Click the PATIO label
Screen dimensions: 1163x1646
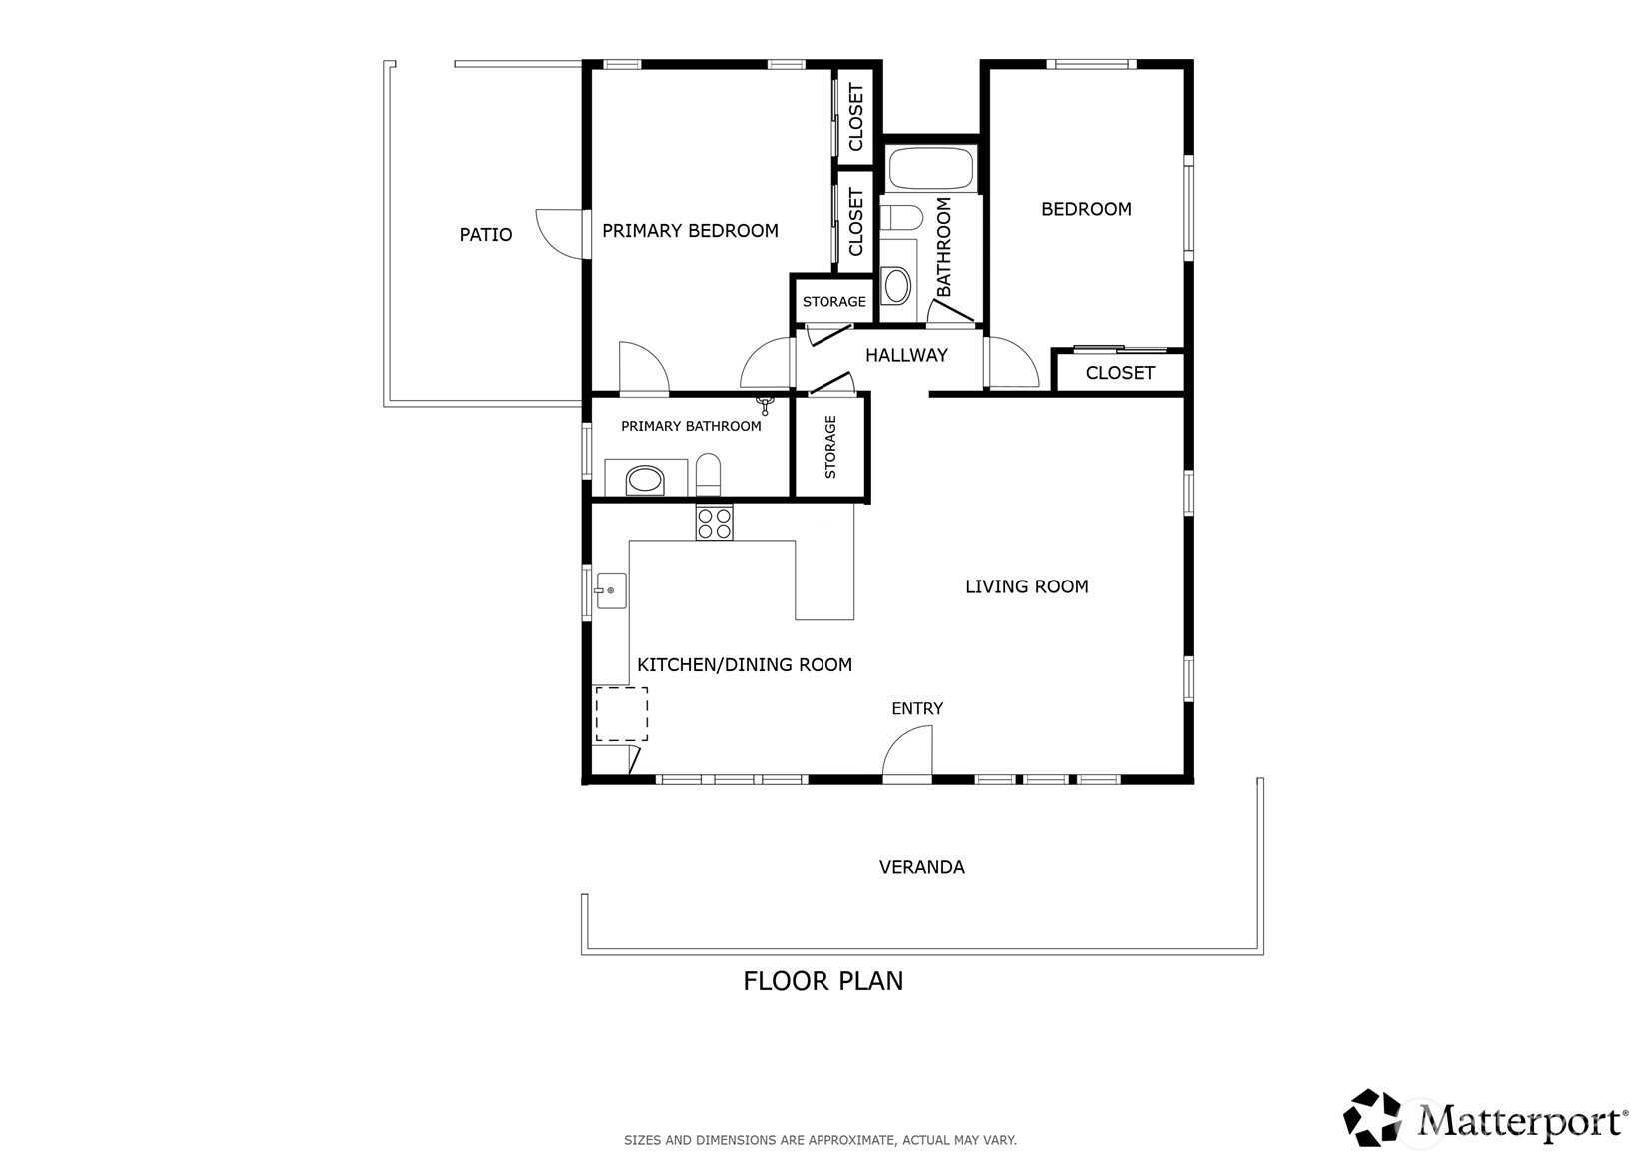485,235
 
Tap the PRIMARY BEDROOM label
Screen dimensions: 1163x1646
690,231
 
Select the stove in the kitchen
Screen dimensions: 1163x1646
714,523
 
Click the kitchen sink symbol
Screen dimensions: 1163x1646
610,590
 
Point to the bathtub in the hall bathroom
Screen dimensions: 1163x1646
930,169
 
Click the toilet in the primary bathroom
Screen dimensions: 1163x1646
708,475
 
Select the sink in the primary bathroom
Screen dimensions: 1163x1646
645,481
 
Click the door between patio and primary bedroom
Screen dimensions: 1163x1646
560,234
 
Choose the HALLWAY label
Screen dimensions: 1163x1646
906,355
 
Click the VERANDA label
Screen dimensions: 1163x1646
921,867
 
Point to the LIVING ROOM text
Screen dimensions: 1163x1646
1026,586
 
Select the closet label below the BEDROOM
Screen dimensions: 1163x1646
1119,373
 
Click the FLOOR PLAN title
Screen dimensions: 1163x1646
823,981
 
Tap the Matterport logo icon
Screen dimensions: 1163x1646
1373,1118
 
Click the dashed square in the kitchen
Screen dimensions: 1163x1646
621,713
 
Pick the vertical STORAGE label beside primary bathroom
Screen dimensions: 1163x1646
829,447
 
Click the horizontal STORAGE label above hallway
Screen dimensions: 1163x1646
833,302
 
